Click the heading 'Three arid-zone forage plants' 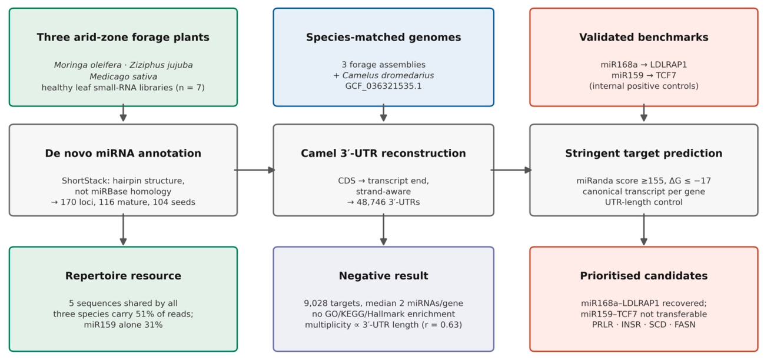(x=123, y=37)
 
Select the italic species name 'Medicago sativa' (x=123, y=76)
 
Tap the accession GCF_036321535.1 (x=383, y=86)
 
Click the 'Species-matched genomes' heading (x=383, y=37)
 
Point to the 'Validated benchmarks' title (x=643, y=37)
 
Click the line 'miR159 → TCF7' (x=643, y=75)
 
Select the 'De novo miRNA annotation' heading (x=123, y=153)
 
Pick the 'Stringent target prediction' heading (x=643, y=153)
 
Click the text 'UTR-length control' (x=643, y=202)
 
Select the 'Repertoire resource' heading (x=123, y=275)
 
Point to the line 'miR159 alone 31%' (x=123, y=325)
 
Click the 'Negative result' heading (x=383, y=275)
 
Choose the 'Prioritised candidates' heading (x=643, y=275)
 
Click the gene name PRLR (x=603, y=325)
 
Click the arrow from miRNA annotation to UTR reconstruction (x=254, y=170)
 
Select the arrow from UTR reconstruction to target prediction (x=511, y=170)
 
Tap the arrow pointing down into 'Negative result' (x=383, y=229)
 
